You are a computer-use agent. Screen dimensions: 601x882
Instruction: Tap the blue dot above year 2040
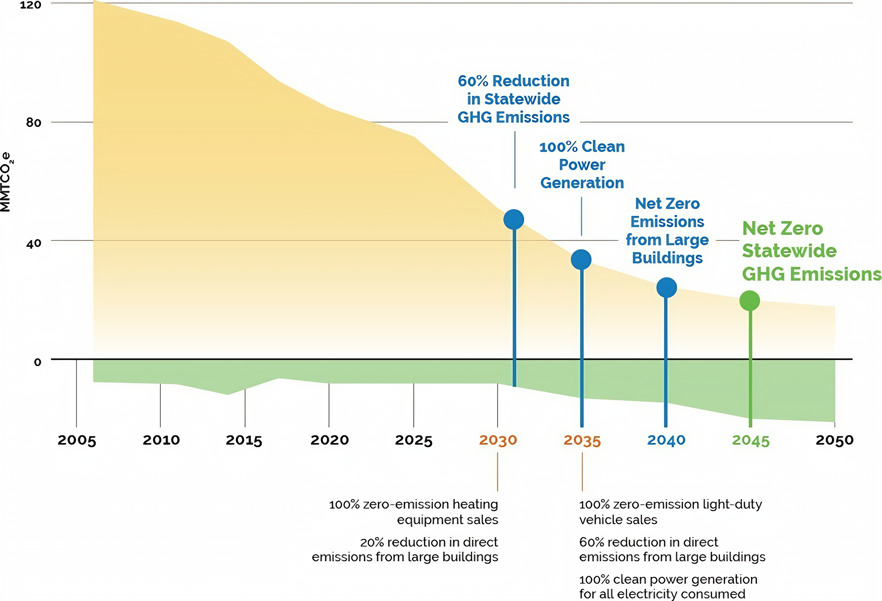pos(666,288)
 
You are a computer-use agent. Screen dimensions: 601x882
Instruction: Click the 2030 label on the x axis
pos(498,440)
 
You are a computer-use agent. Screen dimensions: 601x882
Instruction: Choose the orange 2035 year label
pos(582,441)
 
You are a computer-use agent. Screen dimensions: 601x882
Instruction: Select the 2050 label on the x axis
pos(834,440)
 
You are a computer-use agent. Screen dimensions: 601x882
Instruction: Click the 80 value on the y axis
pos(33,123)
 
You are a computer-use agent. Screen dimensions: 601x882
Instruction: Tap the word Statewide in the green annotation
pos(789,251)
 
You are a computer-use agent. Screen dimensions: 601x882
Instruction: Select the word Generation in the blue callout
pos(582,183)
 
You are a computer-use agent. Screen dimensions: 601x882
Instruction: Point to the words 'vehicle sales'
pos(618,520)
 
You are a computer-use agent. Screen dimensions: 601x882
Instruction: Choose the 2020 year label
pos(329,440)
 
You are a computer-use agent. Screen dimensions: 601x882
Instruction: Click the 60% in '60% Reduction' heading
pos(473,81)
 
